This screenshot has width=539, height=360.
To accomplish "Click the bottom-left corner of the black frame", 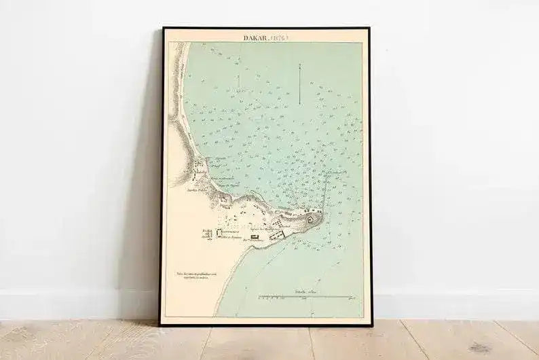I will pos(162,323).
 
